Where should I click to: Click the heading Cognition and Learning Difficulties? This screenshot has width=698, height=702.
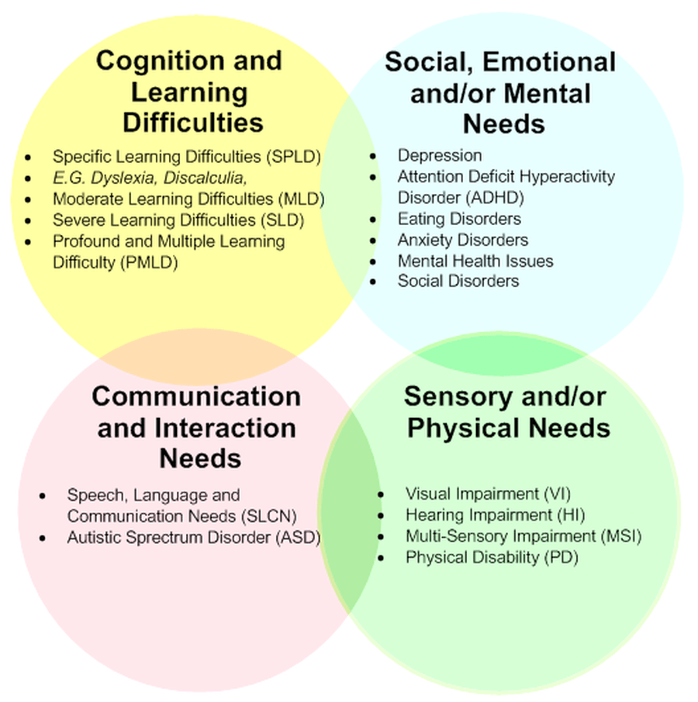189,92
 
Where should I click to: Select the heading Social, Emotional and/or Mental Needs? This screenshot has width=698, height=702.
500,92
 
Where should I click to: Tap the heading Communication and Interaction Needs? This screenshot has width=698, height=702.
196,427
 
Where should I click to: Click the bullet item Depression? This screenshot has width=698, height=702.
440,155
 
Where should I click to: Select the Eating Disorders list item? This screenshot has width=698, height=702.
459,219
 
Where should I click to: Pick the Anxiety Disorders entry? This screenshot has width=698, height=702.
463,240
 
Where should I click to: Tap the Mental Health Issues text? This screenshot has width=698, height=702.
475,261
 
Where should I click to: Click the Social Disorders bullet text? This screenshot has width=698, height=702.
458,281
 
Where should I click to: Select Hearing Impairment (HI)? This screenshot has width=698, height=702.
495,514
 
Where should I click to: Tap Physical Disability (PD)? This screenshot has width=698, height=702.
492,557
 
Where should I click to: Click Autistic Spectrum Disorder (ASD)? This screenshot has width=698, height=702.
194,537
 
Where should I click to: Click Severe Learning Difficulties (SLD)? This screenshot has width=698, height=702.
178,220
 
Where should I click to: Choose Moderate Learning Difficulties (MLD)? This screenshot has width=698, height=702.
188,199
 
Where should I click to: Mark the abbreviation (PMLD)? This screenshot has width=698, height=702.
148,262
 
